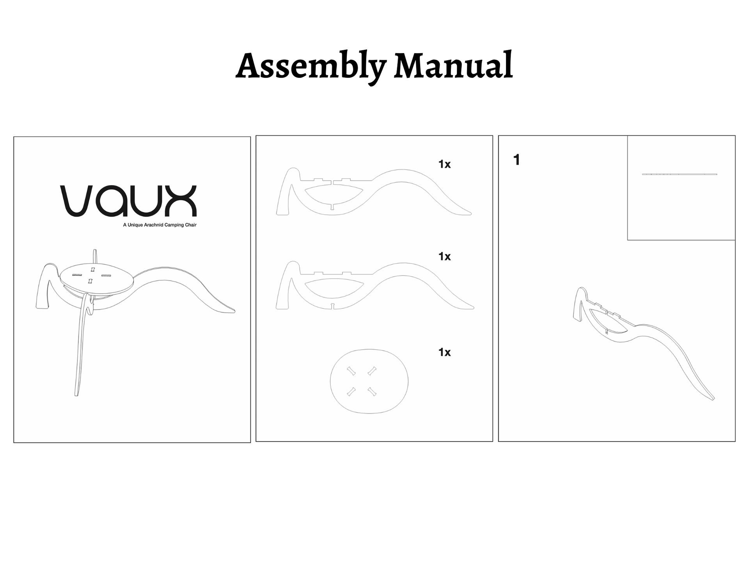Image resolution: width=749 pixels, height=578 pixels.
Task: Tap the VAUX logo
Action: click(x=128, y=201)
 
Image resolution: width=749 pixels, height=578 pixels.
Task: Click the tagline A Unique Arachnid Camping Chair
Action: click(x=160, y=225)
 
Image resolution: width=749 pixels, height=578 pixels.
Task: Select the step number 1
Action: click(x=516, y=160)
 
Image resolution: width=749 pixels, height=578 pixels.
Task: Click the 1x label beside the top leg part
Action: click(x=444, y=164)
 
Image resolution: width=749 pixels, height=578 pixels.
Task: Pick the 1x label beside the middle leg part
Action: click(x=444, y=256)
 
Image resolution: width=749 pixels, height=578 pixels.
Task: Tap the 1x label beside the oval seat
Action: click(x=444, y=352)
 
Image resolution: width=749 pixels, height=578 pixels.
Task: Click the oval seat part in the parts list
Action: click(x=369, y=401)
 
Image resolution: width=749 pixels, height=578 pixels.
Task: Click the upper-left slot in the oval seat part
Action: click(x=351, y=371)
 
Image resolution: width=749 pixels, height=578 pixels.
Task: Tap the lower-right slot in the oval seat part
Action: click(x=372, y=392)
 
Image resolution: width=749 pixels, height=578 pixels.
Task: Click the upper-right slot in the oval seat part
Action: click(x=372, y=371)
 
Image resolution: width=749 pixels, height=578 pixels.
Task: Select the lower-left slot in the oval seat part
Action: click(x=351, y=392)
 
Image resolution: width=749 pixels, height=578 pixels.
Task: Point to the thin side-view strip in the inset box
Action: click(x=679, y=174)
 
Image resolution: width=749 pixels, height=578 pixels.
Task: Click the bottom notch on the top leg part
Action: click(x=332, y=207)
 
